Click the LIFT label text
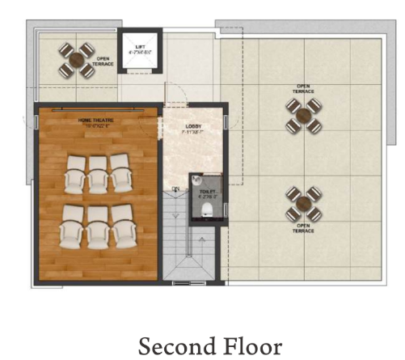pos(140,47)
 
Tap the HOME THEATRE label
pos(95,120)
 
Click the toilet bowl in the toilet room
pos(208,209)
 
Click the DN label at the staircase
pos(175,189)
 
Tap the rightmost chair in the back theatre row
pos(123,232)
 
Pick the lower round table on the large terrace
pos(304,204)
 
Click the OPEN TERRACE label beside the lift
pos(104,61)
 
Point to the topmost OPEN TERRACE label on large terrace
pos(304,88)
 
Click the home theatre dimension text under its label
pos(95,126)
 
